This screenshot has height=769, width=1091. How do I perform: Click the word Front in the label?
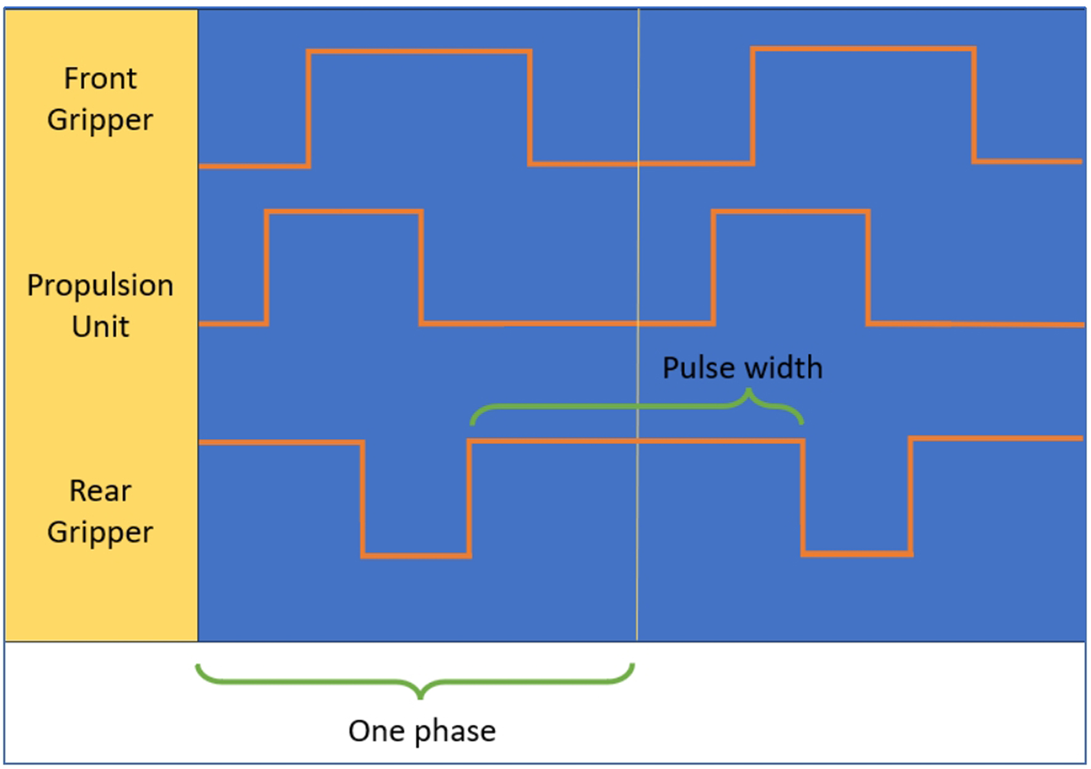(100, 79)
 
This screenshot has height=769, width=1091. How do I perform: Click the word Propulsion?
(100, 286)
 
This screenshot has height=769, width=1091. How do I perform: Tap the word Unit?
(100, 326)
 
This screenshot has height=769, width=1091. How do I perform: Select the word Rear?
(100, 491)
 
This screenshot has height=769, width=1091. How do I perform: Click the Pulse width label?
(743, 368)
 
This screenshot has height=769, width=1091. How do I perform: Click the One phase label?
(422, 731)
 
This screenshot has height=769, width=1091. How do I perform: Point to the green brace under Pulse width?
(637, 407)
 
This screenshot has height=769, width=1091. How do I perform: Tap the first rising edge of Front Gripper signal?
(308, 108)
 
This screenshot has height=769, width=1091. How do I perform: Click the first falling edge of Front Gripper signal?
(529, 108)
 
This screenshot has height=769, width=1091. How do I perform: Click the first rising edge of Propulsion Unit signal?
(267, 267)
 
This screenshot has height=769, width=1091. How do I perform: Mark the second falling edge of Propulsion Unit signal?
(868, 267)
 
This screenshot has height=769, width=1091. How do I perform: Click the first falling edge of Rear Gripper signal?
(363, 499)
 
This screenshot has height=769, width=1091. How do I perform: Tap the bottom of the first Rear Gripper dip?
(416, 556)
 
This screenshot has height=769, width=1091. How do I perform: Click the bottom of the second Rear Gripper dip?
(857, 554)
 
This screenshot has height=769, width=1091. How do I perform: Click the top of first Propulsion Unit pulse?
(344, 212)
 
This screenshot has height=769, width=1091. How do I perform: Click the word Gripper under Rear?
(100, 532)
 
